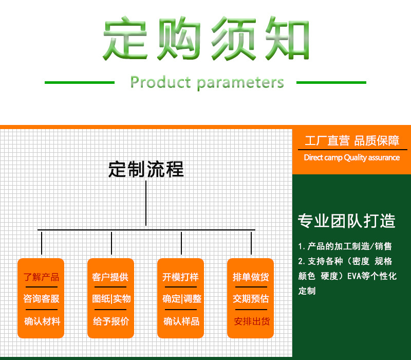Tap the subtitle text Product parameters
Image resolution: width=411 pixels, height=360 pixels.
(x=207, y=82)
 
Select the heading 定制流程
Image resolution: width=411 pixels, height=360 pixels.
(x=146, y=169)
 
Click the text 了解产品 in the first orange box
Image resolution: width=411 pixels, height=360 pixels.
(x=41, y=277)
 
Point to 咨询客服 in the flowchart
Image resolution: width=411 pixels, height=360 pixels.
(x=41, y=299)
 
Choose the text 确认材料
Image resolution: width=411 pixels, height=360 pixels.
(x=42, y=321)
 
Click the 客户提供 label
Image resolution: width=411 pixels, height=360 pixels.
(x=110, y=277)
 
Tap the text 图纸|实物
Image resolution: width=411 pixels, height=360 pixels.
(x=111, y=299)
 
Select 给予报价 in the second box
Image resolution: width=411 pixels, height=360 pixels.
(x=111, y=321)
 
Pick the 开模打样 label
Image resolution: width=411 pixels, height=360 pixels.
(x=180, y=277)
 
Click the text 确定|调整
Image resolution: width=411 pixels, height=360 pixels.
(x=181, y=299)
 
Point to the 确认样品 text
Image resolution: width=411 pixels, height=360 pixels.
(x=181, y=321)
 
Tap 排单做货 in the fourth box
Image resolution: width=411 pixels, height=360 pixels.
(x=251, y=277)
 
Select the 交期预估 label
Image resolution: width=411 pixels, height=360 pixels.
(x=251, y=299)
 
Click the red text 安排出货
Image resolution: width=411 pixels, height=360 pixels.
(x=251, y=321)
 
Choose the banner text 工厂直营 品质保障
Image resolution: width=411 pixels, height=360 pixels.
(x=351, y=141)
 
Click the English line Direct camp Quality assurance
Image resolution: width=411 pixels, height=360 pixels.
(x=351, y=158)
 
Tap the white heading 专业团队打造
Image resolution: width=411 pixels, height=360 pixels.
(x=347, y=221)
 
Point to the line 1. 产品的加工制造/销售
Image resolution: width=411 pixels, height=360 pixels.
(x=345, y=246)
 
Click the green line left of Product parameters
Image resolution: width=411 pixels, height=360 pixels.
(x=80, y=82)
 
